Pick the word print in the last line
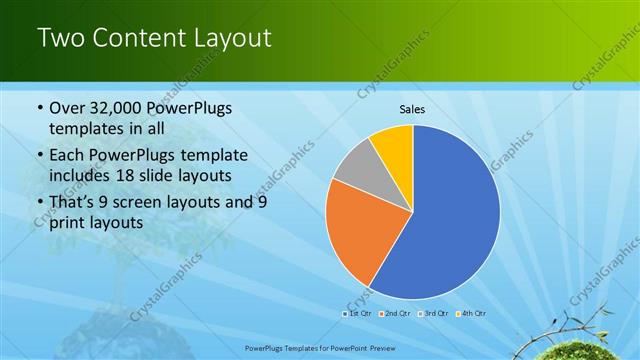(x=68, y=222)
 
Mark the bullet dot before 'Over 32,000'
(x=39, y=108)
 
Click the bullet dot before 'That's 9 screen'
(x=39, y=202)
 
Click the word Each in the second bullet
(x=68, y=155)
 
